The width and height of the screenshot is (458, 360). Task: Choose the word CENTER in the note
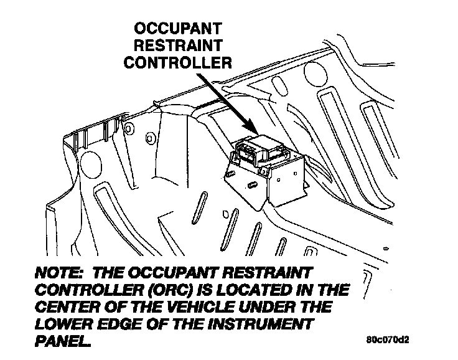pos(69,308)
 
